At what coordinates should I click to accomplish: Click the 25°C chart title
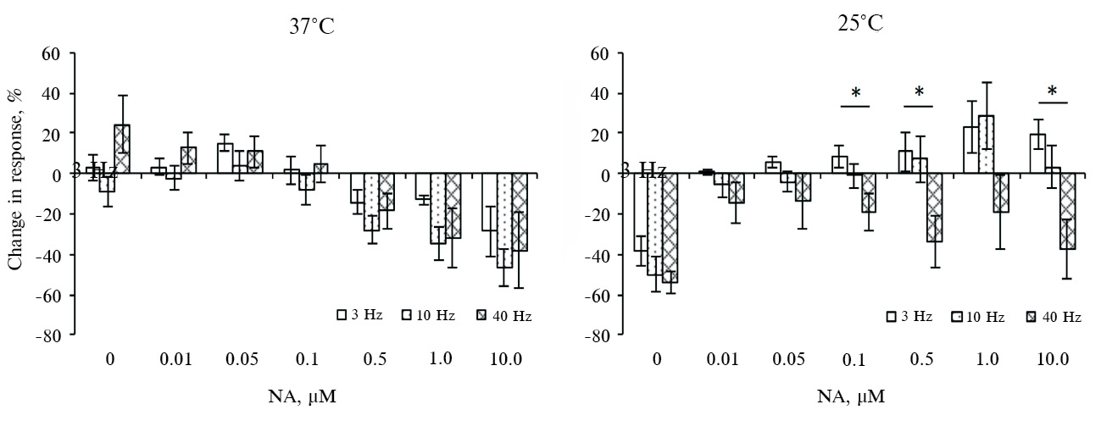859,24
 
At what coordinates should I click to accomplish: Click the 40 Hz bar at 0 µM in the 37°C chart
121,149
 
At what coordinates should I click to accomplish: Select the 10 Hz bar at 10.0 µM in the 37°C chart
505,220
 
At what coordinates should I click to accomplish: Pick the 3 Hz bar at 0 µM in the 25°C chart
640,212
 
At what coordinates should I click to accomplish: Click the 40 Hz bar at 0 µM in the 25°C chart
670,228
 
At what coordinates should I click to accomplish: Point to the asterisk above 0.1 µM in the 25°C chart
855,92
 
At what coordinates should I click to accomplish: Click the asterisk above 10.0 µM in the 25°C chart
1053,91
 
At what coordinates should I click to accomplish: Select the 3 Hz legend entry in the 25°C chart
909,317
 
